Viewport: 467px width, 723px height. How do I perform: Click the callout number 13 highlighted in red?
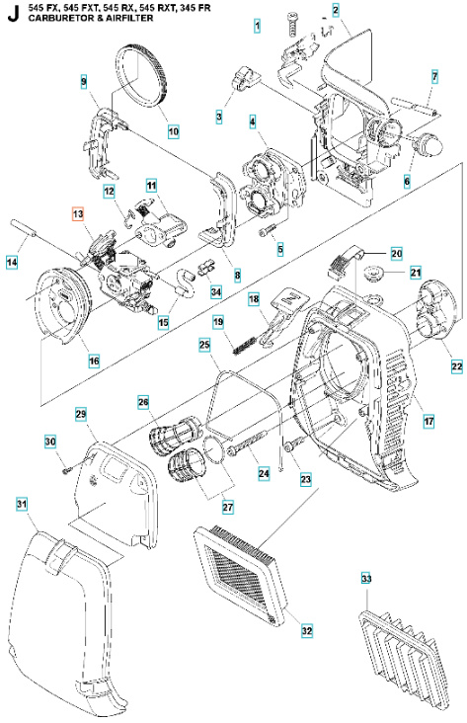[78, 214]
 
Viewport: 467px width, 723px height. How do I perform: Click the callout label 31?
[21, 505]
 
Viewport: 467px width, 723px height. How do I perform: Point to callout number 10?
[173, 128]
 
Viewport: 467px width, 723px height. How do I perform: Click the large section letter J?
[11, 13]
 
